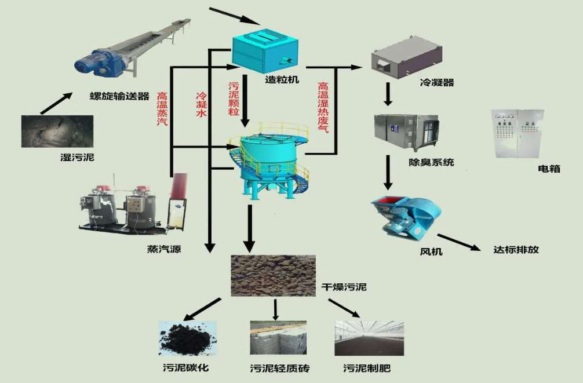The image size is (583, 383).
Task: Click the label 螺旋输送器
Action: [120, 96]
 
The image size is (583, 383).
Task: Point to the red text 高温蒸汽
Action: [163, 110]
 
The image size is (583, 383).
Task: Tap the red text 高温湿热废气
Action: [323, 107]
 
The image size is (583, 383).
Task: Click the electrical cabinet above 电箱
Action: [517, 134]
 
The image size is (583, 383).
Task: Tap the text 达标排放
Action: [516, 250]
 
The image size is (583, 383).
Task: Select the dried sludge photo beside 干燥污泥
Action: [273, 275]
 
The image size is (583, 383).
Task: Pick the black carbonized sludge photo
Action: [187, 338]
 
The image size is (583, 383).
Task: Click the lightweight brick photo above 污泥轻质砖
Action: [278, 338]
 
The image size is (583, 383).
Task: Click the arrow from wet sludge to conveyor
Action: [56, 103]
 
